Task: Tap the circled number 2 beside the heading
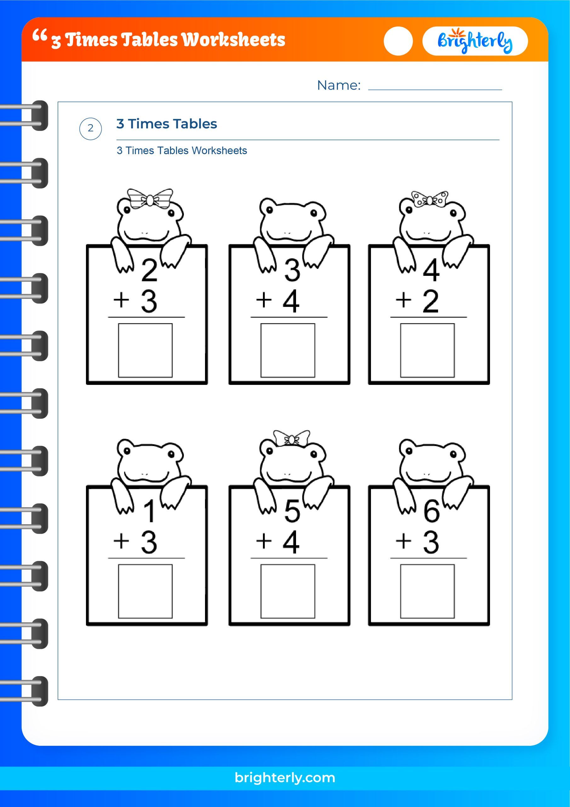point(91,128)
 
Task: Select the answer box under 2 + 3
point(145,350)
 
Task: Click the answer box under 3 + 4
point(288,350)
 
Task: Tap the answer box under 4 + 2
point(427,350)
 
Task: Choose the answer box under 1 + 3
point(145,591)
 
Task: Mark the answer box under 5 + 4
point(288,591)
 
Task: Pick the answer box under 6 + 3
point(427,591)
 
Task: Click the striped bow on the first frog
point(150,199)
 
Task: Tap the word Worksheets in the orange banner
point(234,40)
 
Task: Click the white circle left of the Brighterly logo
point(398,41)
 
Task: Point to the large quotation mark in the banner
point(39,36)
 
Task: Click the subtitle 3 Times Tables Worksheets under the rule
point(182,151)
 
